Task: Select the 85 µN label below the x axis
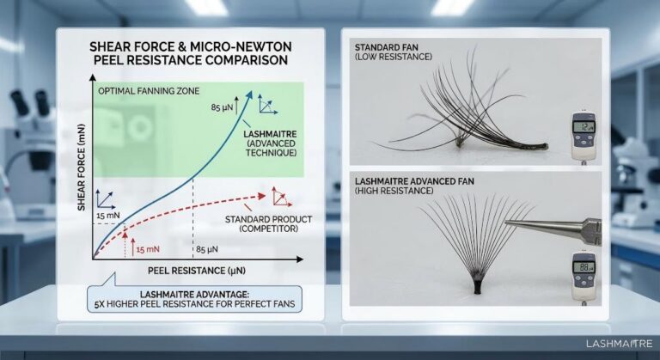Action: coord(206,249)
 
